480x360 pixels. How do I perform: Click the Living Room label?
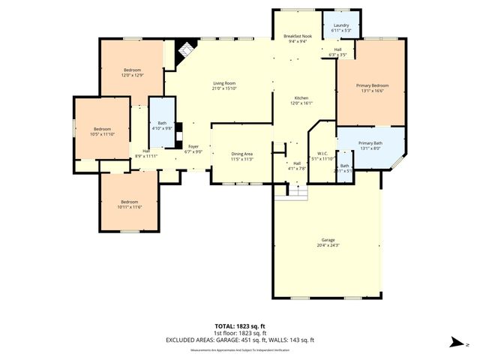pos(224,83)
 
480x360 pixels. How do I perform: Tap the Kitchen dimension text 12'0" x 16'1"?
pos(301,103)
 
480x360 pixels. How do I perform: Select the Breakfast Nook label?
pos(296,36)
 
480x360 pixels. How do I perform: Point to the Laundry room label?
pos(340,25)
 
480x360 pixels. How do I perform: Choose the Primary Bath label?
pos(370,142)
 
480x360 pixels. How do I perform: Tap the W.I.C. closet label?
pos(323,153)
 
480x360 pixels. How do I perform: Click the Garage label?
pos(328,240)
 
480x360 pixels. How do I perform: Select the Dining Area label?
pos(241,154)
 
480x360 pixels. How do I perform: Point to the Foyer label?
pos(193,146)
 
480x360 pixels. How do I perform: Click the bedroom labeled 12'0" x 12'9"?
pos(132,70)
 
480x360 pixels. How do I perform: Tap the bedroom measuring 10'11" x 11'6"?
pos(130,201)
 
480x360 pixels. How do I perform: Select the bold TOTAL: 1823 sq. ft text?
pos(240,326)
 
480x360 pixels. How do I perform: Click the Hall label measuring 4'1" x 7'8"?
pos(297,163)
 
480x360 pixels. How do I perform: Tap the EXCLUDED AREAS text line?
pos(240,340)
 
